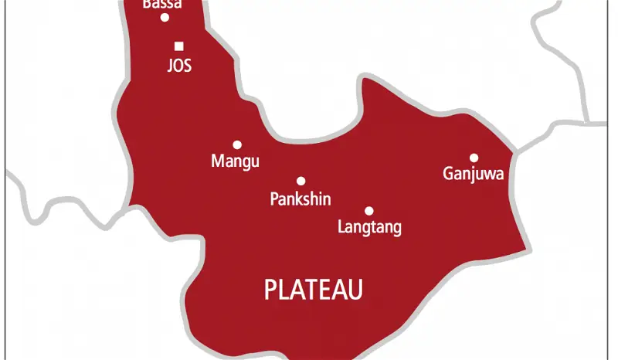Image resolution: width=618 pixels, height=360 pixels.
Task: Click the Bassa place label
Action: point(163,5)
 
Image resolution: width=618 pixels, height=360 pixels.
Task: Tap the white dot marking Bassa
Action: point(164,18)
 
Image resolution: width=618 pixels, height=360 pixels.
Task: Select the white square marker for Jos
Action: point(179,46)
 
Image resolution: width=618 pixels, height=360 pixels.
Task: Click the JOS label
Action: point(179,66)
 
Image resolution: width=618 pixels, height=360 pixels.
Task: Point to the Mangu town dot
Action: point(237,144)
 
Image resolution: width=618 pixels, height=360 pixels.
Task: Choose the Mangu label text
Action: point(235,162)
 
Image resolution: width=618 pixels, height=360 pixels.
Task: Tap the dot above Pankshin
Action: point(301,182)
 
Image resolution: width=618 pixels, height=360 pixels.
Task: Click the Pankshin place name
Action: point(301,199)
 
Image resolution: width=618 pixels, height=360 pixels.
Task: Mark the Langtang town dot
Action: point(369,211)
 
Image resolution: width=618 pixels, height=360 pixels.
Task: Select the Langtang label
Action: point(370,228)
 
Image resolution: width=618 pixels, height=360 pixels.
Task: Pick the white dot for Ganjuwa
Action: point(474,158)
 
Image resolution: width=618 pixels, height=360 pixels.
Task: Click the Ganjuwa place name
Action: point(474,175)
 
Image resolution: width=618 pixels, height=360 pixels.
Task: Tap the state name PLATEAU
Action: point(314,290)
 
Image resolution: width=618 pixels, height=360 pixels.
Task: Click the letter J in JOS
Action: point(170,66)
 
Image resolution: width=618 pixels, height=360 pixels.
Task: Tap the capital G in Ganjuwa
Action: point(448,174)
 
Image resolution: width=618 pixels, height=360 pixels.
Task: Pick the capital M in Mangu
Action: point(217,161)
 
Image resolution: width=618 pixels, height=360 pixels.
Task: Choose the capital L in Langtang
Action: point(342,227)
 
